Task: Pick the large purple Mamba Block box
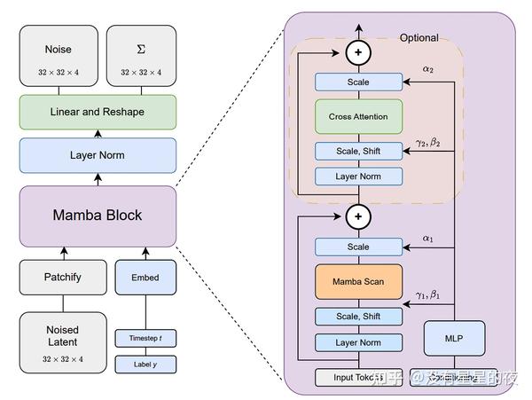98,216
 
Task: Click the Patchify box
63,278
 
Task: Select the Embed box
145,278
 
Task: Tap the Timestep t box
145,338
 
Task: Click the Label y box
145,364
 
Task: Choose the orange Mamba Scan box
358,281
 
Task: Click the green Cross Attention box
358,116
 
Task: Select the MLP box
453,337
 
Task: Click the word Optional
419,38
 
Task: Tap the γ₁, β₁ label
428,294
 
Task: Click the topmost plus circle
358,52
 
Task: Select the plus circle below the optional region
358,216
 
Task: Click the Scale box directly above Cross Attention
358,82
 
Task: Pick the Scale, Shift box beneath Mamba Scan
358,317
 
